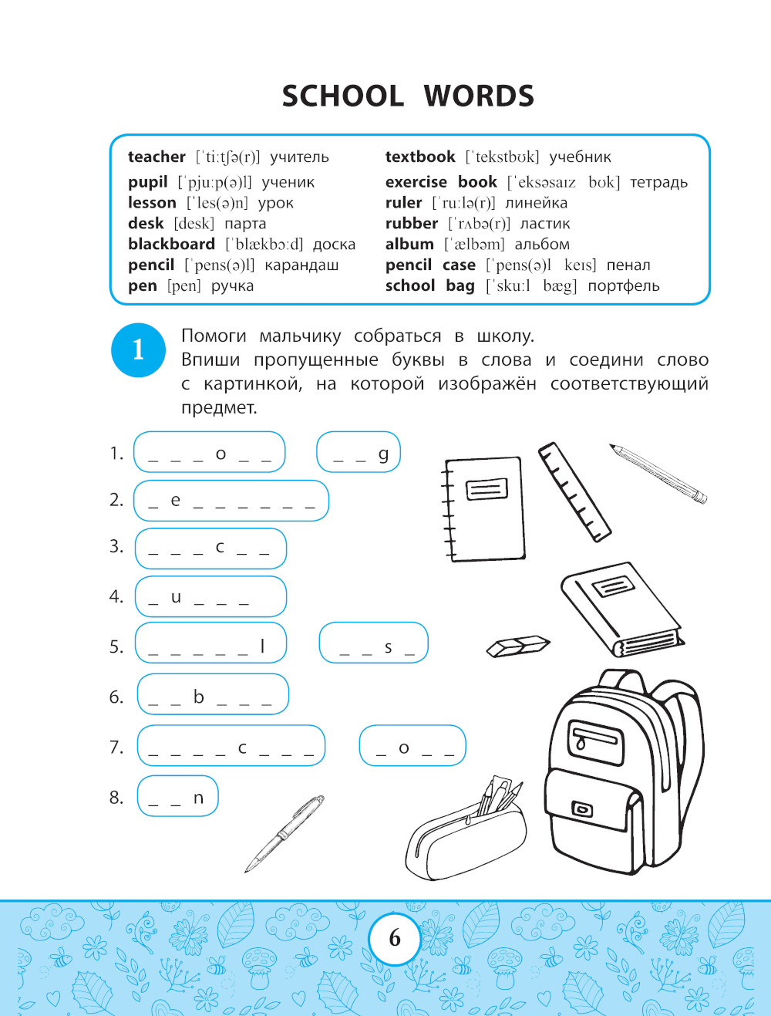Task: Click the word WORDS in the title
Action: click(479, 96)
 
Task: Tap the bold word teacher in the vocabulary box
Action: click(157, 157)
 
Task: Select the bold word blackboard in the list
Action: click(171, 244)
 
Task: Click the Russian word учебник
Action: click(580, 157)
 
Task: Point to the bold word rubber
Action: click(411, 224)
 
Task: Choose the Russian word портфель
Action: click(623, 286)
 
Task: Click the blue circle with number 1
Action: click(139, 349)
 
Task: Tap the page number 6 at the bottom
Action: click(395, 938)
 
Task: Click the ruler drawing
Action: click(574, 491)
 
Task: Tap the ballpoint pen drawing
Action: click(284, 834)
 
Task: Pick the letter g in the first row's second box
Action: click(383, 454)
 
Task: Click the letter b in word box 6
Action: click(198, 697)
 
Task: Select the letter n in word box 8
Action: click(198, 798)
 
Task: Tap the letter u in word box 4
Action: click(176, 597)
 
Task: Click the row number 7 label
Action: click(116, 747)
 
